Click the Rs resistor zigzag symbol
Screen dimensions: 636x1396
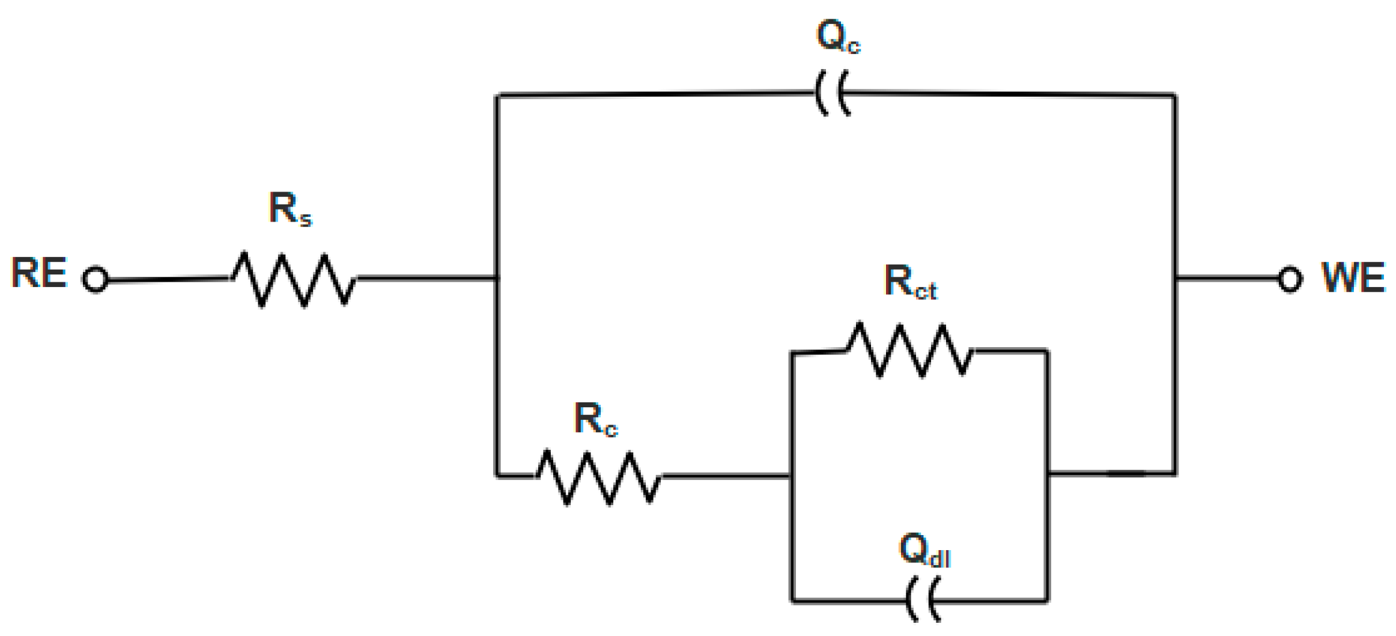[293, 280]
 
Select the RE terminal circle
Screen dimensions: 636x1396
[96, 279]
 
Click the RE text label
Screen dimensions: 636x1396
[39, 273]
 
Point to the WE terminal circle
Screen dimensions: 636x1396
[1290, 279]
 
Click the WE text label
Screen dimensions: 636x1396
[1353, 277]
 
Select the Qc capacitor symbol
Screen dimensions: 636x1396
[833, 94]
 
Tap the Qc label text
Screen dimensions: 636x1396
[838, 37]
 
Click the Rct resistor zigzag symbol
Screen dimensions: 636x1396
[909, 350]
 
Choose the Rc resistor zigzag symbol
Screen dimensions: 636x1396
[598, 477]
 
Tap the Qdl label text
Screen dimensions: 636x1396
[924, 550]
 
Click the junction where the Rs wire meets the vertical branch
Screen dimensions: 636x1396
[497, 278]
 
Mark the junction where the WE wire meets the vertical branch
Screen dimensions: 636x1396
[1175, 278]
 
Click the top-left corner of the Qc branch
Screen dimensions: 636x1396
[497, 95]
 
